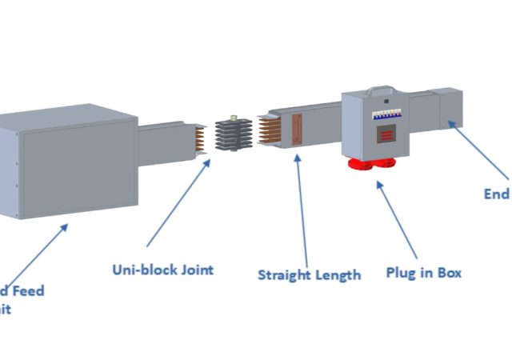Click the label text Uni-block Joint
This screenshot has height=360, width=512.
(162, 270)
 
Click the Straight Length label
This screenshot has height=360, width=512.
(309, 275)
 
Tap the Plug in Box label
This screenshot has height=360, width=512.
(423, 273)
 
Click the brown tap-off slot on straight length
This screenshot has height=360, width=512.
(298, 130)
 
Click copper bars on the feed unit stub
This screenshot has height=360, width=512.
(198, 137)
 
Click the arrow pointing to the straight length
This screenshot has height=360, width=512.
(302, 207)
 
